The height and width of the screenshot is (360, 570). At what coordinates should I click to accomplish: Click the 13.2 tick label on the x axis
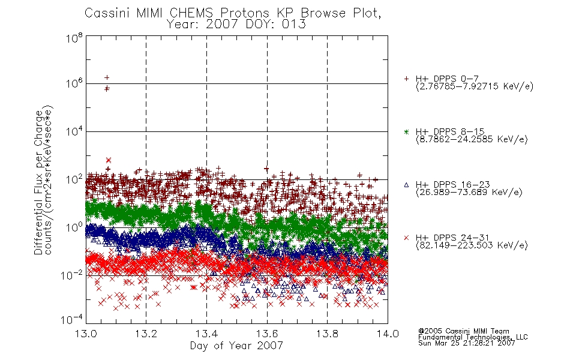coord(146,334)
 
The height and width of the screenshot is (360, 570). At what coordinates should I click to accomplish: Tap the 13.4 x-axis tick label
coord(206,334)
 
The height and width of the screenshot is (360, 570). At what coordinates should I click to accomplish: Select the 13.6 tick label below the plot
coord(267,334)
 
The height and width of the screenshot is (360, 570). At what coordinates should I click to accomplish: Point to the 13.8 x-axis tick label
coord(327,334)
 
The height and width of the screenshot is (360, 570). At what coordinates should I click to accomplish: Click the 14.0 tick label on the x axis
coord(388,334)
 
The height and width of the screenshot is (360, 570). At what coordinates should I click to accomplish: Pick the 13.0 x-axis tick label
coord(86,334)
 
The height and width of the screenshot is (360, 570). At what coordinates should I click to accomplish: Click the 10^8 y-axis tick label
coord(74,38)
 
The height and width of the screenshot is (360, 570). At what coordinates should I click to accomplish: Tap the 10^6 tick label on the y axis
coord(74,83)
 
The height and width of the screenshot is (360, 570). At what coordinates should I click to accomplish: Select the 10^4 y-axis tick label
coord(74,131)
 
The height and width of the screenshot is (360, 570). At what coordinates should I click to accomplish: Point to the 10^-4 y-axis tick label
coord(71,319)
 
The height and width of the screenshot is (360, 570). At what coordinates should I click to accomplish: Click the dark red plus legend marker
coord(406,79)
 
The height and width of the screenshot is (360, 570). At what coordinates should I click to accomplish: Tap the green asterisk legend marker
coord(406,131)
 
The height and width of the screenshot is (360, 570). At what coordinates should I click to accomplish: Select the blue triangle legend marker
coord(406,185)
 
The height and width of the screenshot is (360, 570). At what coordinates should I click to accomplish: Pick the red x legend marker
coord(406,238)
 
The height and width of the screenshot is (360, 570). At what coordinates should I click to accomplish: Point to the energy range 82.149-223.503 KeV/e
coord(472,245)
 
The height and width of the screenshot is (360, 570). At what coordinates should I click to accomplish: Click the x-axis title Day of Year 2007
coord(236,345)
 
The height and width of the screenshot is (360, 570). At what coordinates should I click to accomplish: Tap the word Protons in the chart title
coord(244,13)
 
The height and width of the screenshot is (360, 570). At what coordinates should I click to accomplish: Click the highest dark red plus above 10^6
coord(107,77)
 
